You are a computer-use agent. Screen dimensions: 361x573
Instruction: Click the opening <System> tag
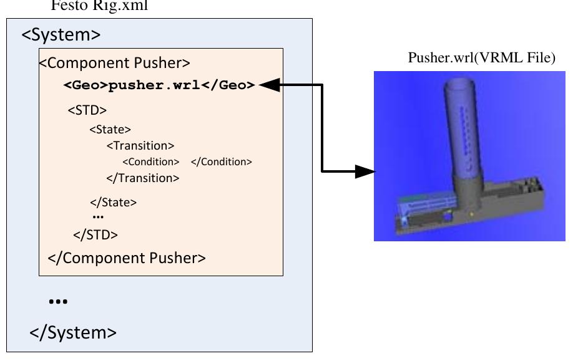tap(61, 34)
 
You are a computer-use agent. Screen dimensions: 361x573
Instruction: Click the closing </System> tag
tap(73, 332)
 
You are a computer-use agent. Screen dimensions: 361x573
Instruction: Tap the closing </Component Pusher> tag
tap(127, 258)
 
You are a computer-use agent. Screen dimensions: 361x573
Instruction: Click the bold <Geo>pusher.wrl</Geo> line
tap(159, 85)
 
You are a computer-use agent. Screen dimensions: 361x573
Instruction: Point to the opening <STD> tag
tap(87, 110)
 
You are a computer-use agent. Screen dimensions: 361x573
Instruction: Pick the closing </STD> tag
tap(95, 235)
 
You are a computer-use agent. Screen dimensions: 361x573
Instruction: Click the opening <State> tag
tap(110, 130)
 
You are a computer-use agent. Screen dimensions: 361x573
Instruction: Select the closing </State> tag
tap(113, 202)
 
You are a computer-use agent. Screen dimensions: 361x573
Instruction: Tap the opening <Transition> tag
tap(140, 146)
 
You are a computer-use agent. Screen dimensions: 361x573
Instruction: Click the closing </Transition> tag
tap(143, 178)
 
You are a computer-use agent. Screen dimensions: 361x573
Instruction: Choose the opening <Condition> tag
tap(151, 162)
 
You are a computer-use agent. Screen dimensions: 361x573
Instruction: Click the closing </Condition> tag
tap(221, 162)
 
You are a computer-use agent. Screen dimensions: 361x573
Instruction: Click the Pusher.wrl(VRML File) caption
tap(481, 59)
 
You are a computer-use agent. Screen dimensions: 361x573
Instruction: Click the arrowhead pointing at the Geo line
tap(268, 85)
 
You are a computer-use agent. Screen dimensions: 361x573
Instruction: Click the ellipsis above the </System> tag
tap(58, 302)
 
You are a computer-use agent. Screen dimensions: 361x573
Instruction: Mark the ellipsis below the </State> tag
tap(98, 217)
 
